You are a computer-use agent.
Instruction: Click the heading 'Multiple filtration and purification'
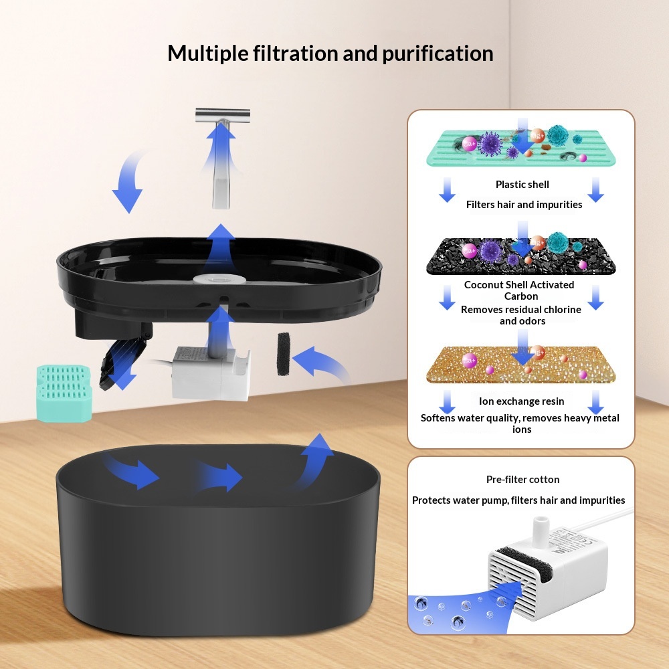pyautogui.click(x=330, y=53)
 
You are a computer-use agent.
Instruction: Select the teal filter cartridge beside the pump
pyautogui.click(x=64, y=393)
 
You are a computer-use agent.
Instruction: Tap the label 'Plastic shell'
pyautogui.click(x=522, y=185)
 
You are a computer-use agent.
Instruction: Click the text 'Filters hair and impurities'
pyautogui.click(x=524, y=205)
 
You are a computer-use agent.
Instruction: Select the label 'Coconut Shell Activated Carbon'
pyautogui.click(x=519, y=290)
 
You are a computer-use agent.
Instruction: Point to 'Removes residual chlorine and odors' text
pyautogui.click(x=520, y=315)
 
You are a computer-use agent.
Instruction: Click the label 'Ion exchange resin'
pyautogui.click(x=521, y=401)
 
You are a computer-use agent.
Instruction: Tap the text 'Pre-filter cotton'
pyautogui.click(x=522, y=480)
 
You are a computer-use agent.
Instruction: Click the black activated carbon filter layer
pyautogui.click(x=520, y=257)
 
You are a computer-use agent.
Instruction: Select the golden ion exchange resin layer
pyautogui.click(x=520, y=364)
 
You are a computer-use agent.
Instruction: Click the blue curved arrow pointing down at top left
pyautogui.click(x=128, y=183)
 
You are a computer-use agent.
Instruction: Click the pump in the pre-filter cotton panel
pyautogui.click(x=549, y=569)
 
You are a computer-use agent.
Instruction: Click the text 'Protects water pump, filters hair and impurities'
pyautogui.click(x=518, y=500)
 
